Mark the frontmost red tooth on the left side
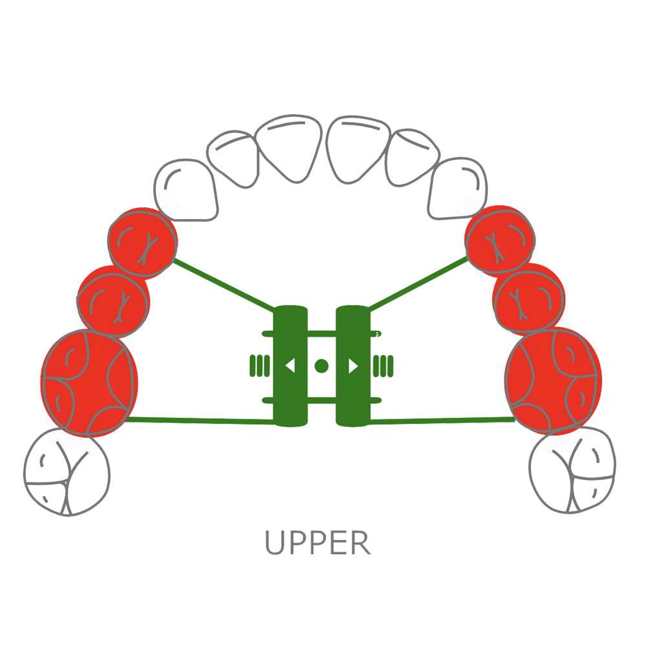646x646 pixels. coord(142,242)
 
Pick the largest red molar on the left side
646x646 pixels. coord(89,381)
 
